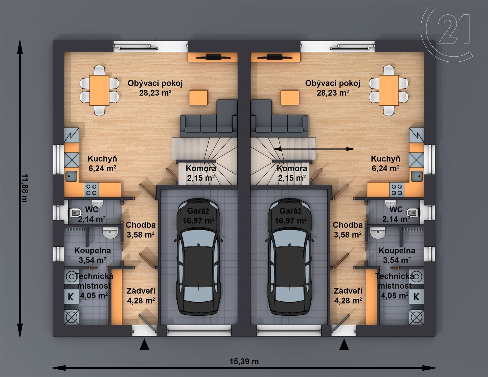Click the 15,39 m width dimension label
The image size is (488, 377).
[244, 361]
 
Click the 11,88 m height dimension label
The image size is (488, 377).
[25, 188]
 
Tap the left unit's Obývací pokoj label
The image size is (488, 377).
[155, 83]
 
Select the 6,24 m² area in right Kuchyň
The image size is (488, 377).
[386, 168]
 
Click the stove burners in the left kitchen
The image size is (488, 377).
[91, 190]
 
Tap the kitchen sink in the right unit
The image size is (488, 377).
[416, 176]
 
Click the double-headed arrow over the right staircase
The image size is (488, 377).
[314, 149]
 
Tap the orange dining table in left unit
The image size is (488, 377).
[99, 90]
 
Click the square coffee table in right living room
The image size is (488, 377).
[290, 97]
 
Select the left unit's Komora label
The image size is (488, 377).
[201, 168]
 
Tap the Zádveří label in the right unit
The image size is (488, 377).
[348, 291]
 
